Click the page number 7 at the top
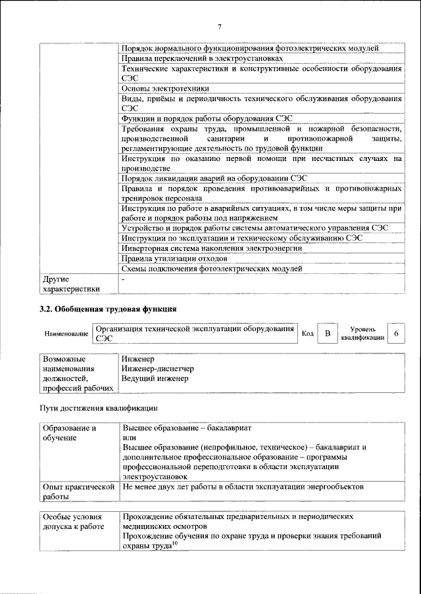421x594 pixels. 220,26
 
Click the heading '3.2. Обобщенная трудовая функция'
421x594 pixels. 109,309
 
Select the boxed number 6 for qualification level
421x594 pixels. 396,333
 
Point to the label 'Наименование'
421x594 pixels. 66,334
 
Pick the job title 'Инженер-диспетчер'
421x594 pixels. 157,369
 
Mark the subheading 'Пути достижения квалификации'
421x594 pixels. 99,408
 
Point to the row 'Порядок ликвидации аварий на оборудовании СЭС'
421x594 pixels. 214,178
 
